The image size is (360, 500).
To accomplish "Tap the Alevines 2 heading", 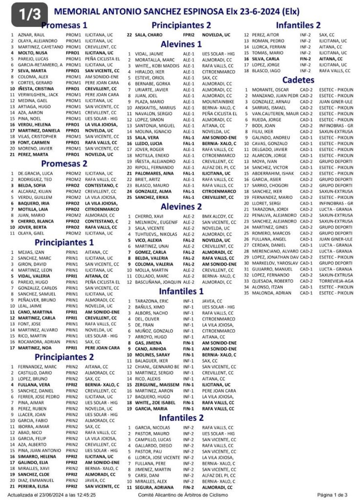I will (181, 206).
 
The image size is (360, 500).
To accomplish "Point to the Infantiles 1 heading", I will (181, 292).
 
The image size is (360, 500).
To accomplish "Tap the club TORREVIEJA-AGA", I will (331, 281).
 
